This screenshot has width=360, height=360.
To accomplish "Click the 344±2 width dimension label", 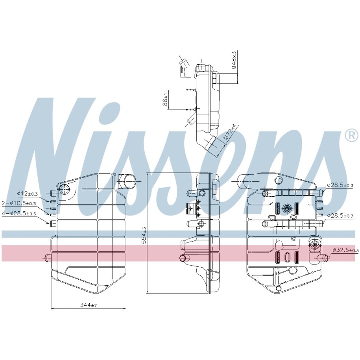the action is click(x=89, y=305).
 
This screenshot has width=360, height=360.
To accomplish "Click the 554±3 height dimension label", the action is click(x=144, y=235).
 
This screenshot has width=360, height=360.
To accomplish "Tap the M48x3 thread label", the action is click(x=234, y=60).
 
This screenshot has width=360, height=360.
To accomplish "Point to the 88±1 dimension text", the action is click(x=165, y=100).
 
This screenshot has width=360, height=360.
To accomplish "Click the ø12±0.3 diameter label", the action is click(x=27, y=194).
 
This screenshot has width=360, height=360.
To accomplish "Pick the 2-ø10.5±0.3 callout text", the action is click(x=18, y=203).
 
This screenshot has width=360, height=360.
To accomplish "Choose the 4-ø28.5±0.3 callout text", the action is click(x=19, y=214).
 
